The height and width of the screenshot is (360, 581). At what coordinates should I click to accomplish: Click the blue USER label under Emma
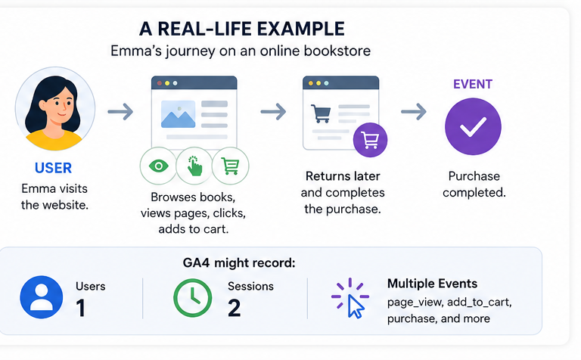53,168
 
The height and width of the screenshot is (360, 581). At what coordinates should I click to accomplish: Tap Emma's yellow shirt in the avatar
54,141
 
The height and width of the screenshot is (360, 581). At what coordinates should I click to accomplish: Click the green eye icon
158,166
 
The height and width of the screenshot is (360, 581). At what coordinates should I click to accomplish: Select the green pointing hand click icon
194,166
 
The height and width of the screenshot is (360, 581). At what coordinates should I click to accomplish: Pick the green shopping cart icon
230,166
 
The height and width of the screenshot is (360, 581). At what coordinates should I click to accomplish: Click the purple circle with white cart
370,140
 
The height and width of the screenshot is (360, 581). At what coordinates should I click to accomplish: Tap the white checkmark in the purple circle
473,126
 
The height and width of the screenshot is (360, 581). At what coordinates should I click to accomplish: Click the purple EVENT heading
473,84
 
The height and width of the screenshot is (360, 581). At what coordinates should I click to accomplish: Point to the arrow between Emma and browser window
120,111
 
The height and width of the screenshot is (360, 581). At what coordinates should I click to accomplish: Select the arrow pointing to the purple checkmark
414,111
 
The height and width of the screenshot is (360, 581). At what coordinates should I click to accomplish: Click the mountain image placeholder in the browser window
179,114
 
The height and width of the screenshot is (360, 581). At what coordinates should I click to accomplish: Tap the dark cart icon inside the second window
321,113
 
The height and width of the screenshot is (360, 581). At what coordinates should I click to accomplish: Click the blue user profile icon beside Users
42,297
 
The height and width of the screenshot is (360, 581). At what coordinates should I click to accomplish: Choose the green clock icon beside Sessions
193,298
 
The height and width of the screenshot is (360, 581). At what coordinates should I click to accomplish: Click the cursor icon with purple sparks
350,298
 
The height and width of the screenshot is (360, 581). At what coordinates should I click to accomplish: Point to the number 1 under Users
81,308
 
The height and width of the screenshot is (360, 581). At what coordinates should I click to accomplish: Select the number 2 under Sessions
235,308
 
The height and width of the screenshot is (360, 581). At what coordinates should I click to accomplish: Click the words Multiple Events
432,284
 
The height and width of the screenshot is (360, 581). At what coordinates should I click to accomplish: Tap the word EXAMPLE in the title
301,29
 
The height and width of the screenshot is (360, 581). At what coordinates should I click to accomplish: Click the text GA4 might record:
239,263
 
